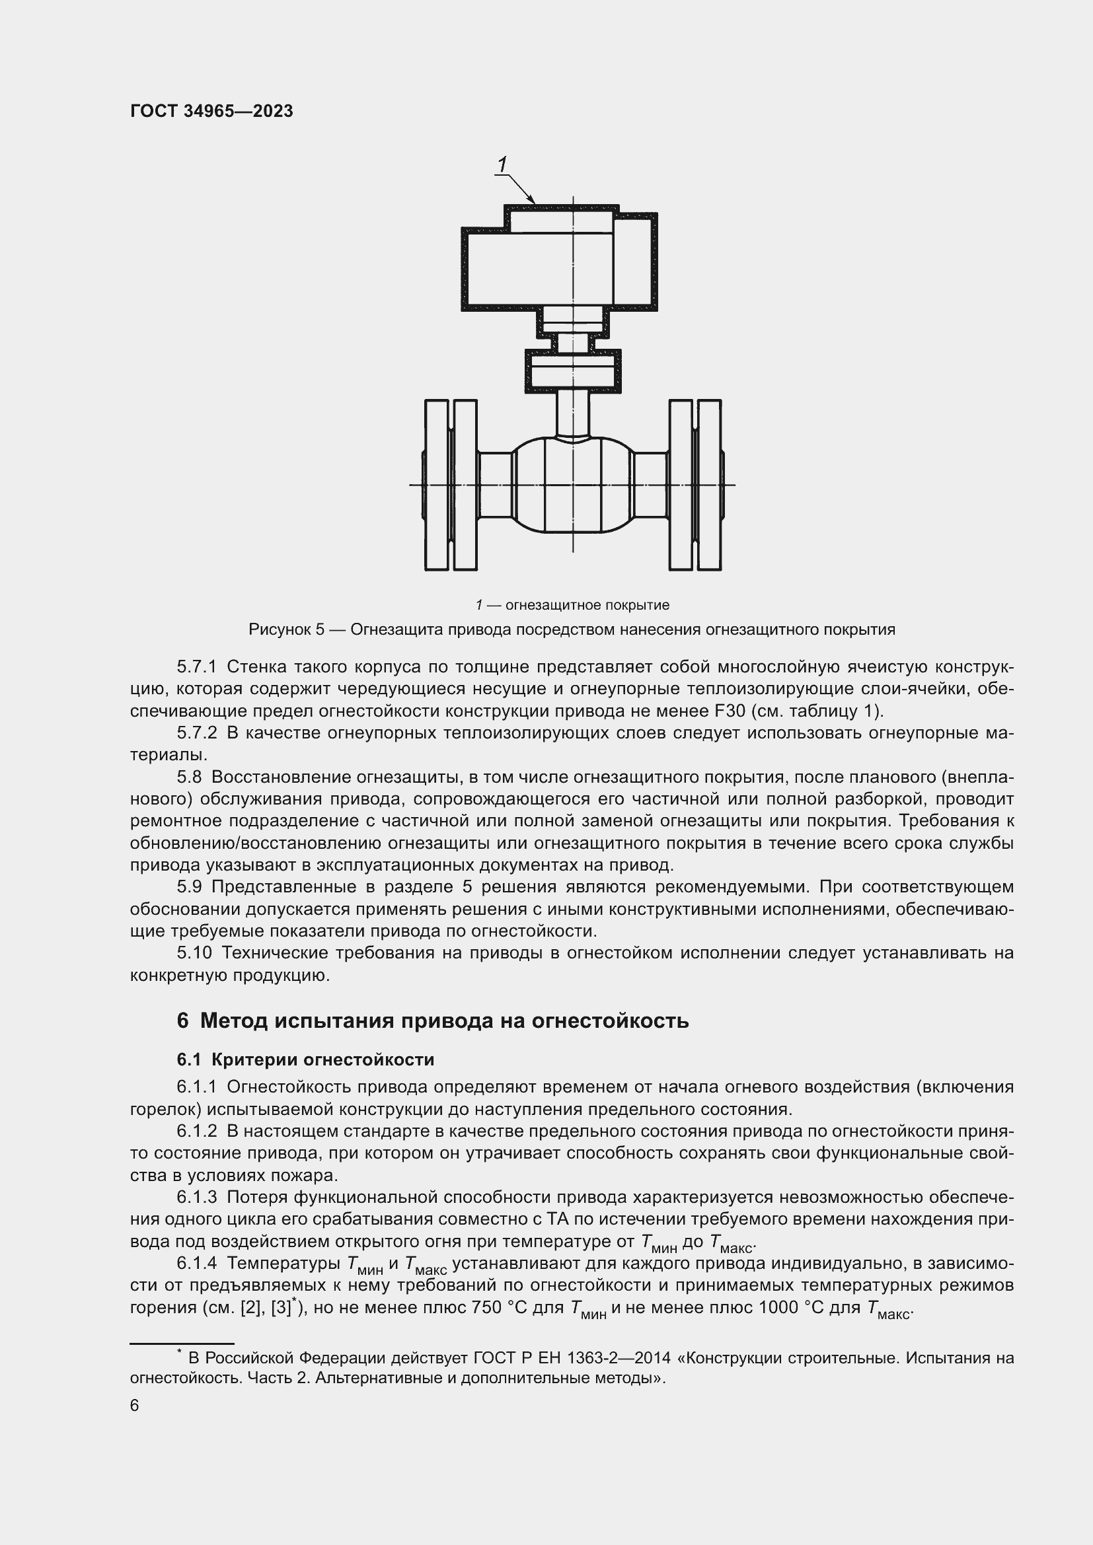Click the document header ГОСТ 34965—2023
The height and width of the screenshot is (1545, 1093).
[x=211, y=112]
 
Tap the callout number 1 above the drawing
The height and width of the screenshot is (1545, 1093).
[x=502, y=164]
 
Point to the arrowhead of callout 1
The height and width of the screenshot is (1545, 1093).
[x=533, y=200]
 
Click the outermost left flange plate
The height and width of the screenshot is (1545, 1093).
[x=436, y=485]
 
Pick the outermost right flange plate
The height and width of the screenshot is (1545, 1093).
[x=709, y=485]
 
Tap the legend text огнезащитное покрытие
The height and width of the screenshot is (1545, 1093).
[x=587, y=605]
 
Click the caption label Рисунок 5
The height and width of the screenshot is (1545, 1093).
[x=287, y=630]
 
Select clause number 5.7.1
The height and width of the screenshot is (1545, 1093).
[x=196, y=667]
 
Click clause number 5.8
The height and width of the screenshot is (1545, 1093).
[x=189, y=777]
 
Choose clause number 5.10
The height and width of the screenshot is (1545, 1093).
[x=194, y=953]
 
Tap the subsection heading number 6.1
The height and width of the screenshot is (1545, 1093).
[x=189, y=1060]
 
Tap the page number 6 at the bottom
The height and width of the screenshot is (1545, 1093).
[x=135, y=1405]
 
